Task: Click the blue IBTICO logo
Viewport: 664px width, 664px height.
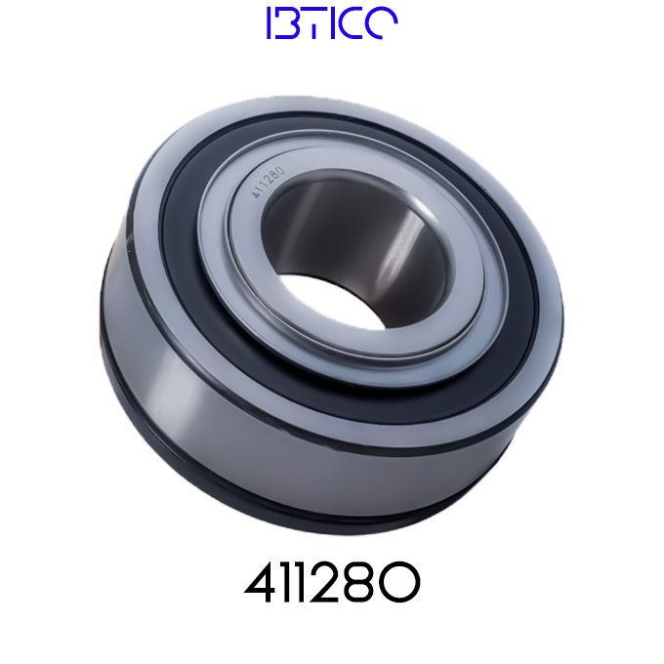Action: coord(332,22)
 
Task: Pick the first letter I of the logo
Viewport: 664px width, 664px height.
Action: coord(269,22)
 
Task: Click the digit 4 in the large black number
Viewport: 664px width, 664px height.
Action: coord(259,582)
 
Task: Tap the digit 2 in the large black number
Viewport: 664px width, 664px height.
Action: coord(321,582)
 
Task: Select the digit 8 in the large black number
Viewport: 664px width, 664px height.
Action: coord(354,582)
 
